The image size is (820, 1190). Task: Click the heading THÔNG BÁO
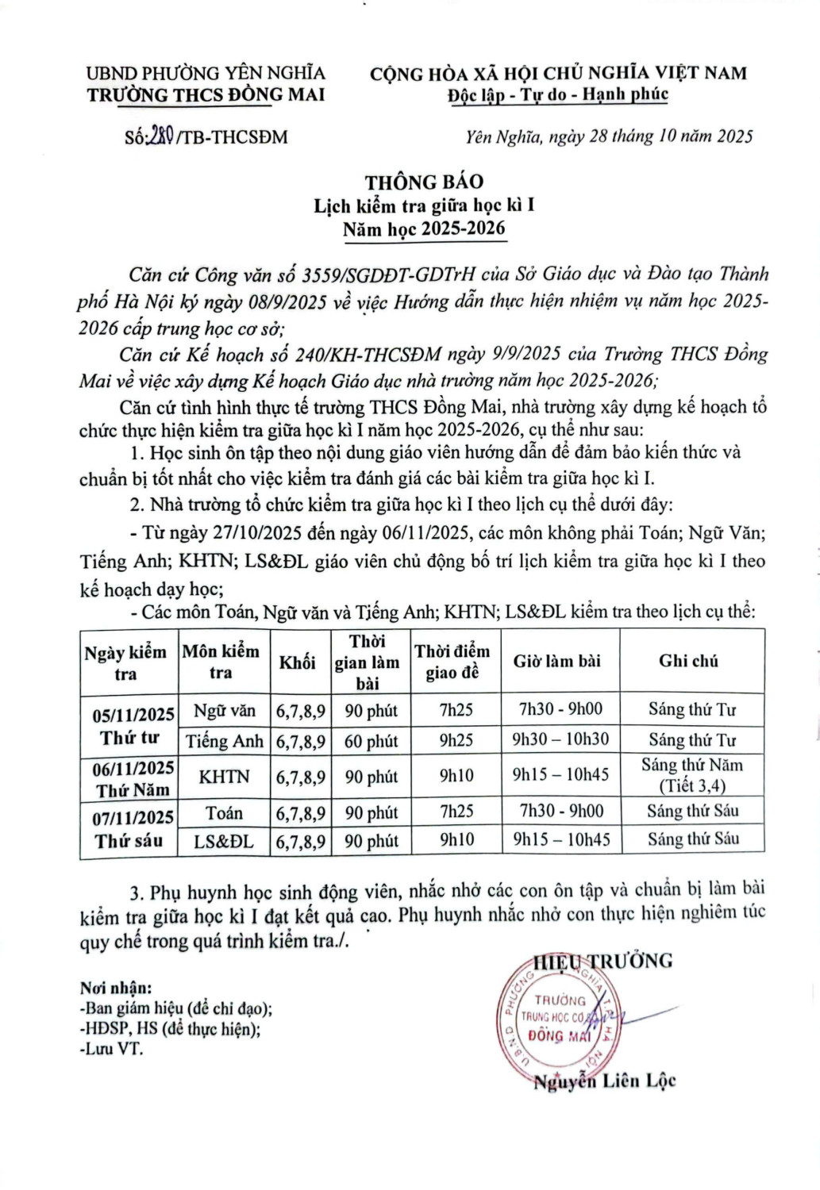tap(424, 182)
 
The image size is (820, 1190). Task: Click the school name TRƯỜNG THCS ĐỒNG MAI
tap(206, 95)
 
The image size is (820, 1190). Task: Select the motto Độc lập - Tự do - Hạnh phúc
tap(557, 95)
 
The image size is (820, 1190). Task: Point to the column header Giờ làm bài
tap(556, 661)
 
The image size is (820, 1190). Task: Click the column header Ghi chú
tap(688, 661)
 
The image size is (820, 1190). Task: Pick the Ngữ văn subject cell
tap(224, 711)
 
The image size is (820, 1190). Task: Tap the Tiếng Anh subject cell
tap(224, 741)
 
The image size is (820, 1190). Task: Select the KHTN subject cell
tap(224, 777)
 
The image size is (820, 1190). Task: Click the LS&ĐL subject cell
tap(224, 841)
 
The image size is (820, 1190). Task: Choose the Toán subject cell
tap(224, 813)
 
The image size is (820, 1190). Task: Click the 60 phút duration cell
tap(371, 741)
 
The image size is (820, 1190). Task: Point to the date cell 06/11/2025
tap(133, 768)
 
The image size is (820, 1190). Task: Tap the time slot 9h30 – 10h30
tap(560, 739)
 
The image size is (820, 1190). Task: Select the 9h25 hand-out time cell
tap(456, 740)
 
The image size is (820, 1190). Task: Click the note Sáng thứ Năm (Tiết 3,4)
tap(691, 775)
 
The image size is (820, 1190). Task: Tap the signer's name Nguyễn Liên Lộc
tap(604, 1081)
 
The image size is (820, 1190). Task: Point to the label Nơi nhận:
tap(116, 988)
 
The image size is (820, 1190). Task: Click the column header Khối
tap(297, 662)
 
